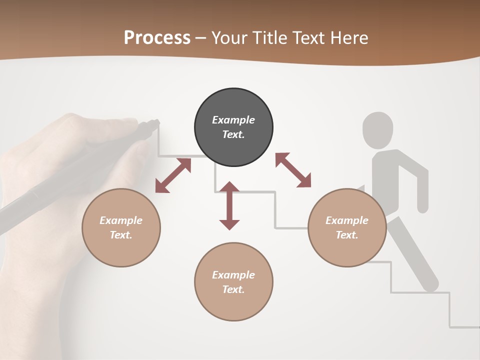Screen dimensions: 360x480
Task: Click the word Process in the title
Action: pyautogui.click(x=157, y=38)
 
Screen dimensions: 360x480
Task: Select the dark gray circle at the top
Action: pyautogui.click(x=233, y=127)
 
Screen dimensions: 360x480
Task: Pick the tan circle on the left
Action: pyautogui.click(x=121, y=227)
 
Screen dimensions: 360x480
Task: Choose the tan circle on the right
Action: pyautogui.click(x=347, y=227)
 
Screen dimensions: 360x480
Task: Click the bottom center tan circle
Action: pyautogui.click(x=233, y=281)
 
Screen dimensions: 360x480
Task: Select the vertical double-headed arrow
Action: pyautogui.click(x=229, y=205)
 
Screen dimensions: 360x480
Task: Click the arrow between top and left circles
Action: pyautogui.click(x=173, y=175)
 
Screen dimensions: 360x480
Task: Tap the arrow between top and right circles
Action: pyautogui.click(x=293, y=170)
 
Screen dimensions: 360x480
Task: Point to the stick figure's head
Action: pyautogui.click(x=377, y=129)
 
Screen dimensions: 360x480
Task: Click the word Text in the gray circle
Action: pyautogui.click(x=233, y=134)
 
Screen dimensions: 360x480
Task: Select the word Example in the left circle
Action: pyautogui.click(x=121, y=220)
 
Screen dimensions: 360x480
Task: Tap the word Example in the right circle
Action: pyautogui.click(x=347, y=220)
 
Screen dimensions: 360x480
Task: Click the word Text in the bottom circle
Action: pyautogui.click(x=233, y=289)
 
